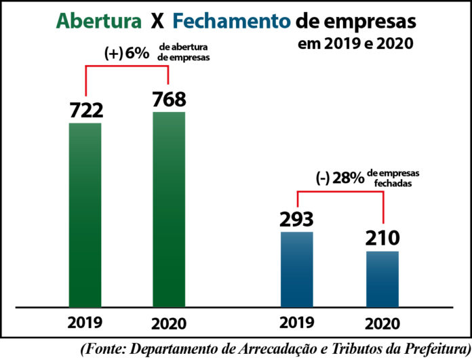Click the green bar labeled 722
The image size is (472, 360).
(85, 214)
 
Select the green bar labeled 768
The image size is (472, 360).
(169, 209)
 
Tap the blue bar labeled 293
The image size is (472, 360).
(297, 268)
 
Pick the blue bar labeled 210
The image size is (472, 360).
(382, 279)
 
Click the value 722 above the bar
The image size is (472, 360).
(85, 109)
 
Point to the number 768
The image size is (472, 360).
(169, 99)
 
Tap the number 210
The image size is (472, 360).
(382, 238)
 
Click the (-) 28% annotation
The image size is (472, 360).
(340, 178)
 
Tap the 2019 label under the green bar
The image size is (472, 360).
(85, 323)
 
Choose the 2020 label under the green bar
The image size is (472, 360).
(169, 323)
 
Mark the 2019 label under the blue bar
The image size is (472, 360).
(297, 323)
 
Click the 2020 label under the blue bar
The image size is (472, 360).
(382, 323)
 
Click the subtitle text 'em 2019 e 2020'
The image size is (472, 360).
(357, 46)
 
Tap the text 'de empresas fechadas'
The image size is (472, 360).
(394, 178)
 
